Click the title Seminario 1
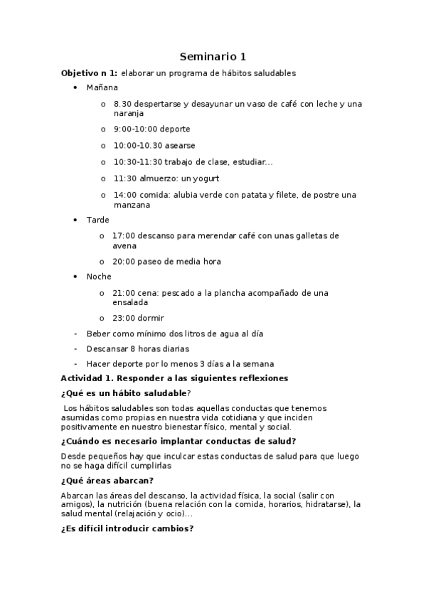click(x=213, y=56)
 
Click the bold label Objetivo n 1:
click(x=90, y=73)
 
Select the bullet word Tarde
click(x=97, y=220)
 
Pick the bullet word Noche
click(x=99, y=276)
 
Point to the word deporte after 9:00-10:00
click(x=174, y=129)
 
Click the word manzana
click(x=132, y=205)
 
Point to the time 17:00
click(x=124, y=235)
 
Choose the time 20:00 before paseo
click(x=124, y=262)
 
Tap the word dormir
click(x=151, y=319)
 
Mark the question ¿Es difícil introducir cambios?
click(x=127, y=529)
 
